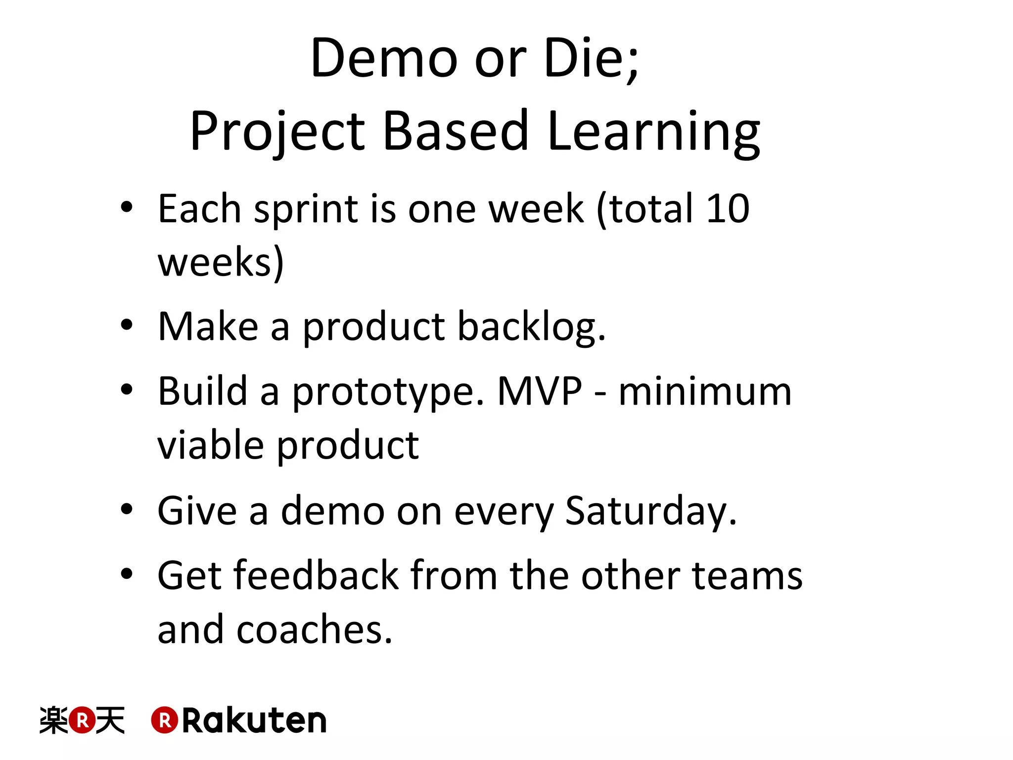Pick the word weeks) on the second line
coord(221,262)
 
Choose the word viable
coord(211,445)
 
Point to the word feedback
coord(316,576)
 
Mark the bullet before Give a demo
coord(127,509)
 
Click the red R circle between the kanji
coord(82,720)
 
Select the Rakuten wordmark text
coord(254,721)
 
